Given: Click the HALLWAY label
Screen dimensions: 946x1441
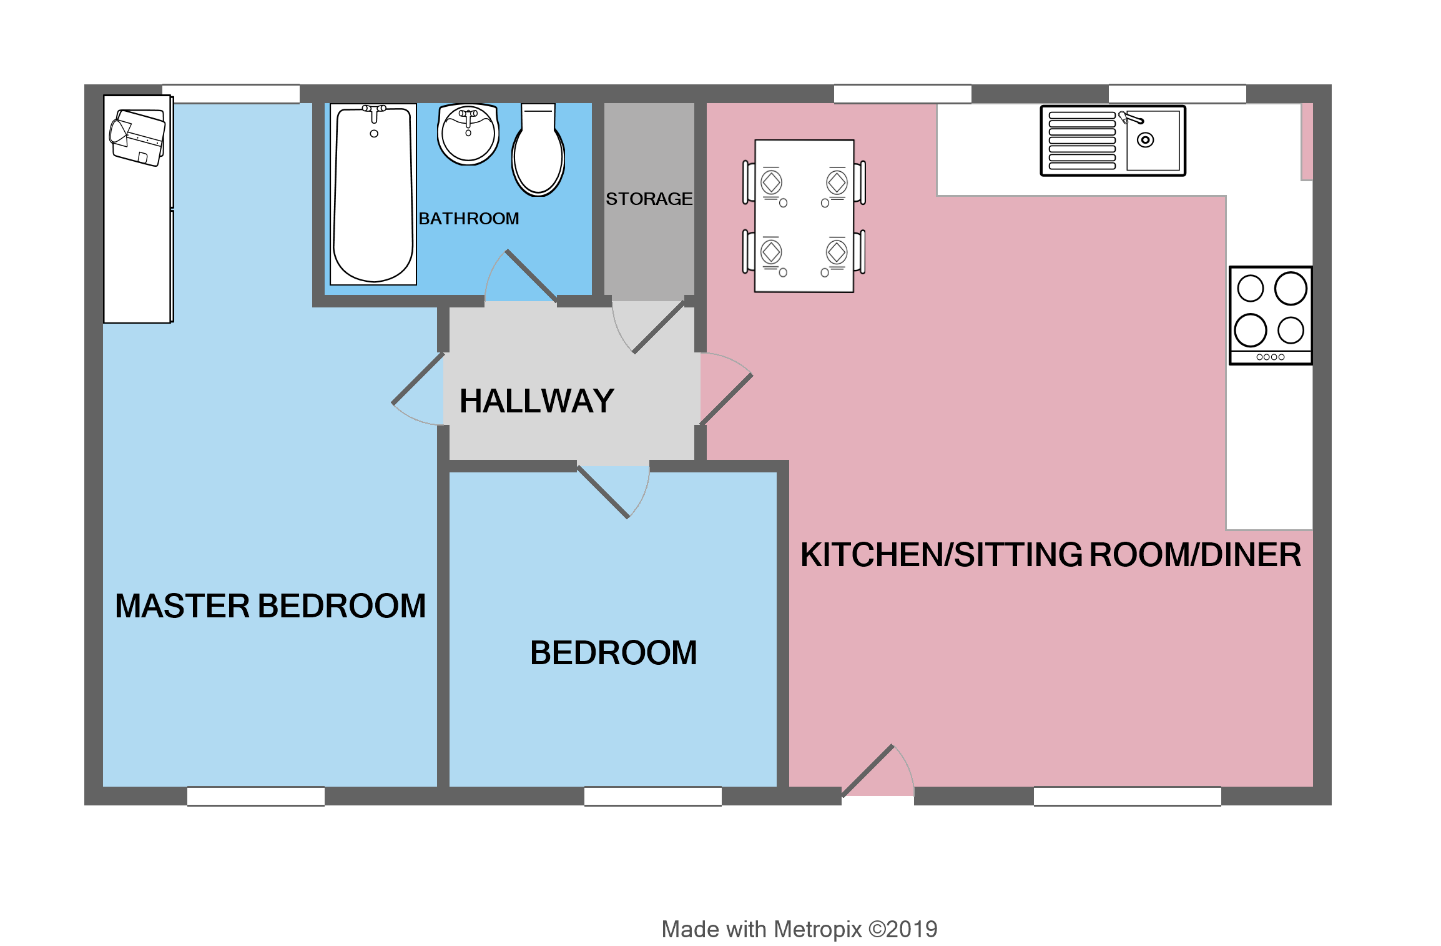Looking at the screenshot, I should click(537, 401).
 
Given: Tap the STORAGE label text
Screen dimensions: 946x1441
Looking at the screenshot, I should click(649, 199).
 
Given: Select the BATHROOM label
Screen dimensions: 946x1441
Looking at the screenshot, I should click(468, 219).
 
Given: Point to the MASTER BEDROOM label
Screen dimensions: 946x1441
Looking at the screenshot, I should click(270, 605).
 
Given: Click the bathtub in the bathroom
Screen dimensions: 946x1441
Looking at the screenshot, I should click(373, 194).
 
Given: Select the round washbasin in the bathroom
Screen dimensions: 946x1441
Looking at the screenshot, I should click(468, 134).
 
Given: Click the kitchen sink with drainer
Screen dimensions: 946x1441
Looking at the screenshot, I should click(1113, 141).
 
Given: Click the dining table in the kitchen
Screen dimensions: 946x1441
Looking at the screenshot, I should click(804, 216).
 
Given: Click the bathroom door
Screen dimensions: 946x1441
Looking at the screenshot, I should click(531, 276).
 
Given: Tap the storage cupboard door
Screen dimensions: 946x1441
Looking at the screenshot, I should click(659, 327).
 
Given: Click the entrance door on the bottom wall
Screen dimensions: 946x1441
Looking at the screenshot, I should click(868, 770).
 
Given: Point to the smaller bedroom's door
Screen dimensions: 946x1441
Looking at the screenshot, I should click(603, 492).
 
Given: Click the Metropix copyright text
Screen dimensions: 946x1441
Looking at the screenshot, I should click(799, 929).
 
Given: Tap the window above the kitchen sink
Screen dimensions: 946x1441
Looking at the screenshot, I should click(1177, 94).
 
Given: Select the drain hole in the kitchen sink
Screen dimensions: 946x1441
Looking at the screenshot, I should click(1145, 140).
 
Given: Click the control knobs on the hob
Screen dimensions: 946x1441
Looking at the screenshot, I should click(1271, 357).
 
